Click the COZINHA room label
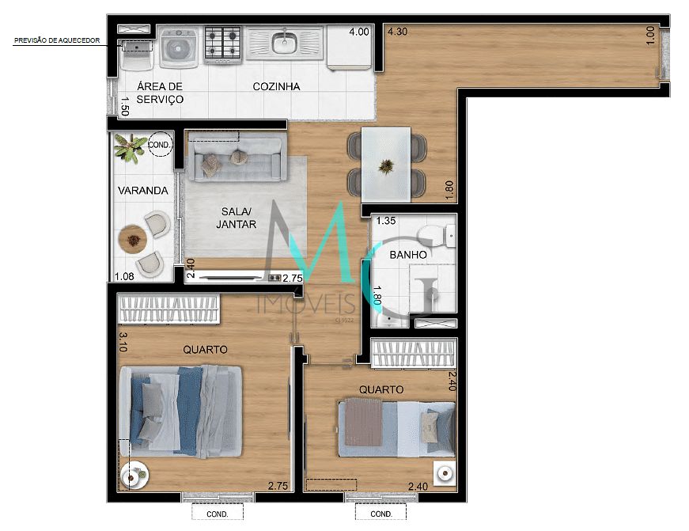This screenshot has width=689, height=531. pos(276,86)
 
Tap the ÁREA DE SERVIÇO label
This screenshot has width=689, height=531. pos(160,93)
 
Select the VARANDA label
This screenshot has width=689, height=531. pos(142,191)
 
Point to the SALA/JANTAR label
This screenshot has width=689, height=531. pos(237,218)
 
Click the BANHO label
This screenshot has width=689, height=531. pos(408,255)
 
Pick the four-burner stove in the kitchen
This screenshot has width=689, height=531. pos(223,44)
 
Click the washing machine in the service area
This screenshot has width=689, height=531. pos(181,47)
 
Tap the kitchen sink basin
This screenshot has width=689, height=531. pos(283,42)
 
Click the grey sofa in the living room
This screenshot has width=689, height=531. pos(235,156)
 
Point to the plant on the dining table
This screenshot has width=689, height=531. pos(386,167)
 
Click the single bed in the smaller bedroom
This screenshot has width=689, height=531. pos(396,429)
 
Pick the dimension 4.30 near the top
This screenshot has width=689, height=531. pos(397,32)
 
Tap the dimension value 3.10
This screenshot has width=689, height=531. pos(123,342)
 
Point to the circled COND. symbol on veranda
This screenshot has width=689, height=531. pos(159,144)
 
